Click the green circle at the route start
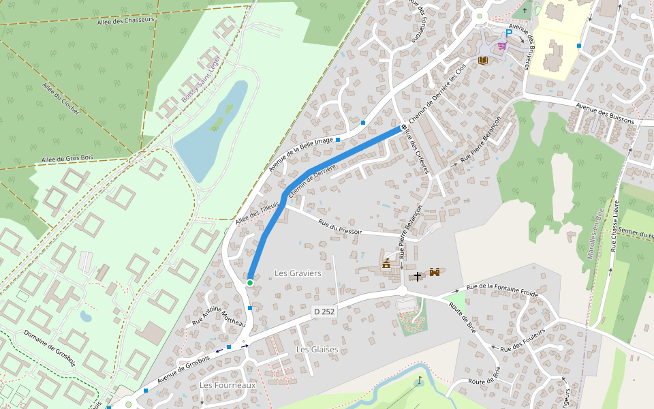point(250,283)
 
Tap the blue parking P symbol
point(508,33)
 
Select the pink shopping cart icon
point(502,45)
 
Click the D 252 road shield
point(324,312)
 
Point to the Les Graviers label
point(298,273)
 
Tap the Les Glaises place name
point(317,349)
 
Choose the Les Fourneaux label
point(228,385)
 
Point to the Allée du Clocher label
point(61,98)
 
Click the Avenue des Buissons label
point(604,113)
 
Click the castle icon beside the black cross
point(434,273)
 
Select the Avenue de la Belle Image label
point(300,154)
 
